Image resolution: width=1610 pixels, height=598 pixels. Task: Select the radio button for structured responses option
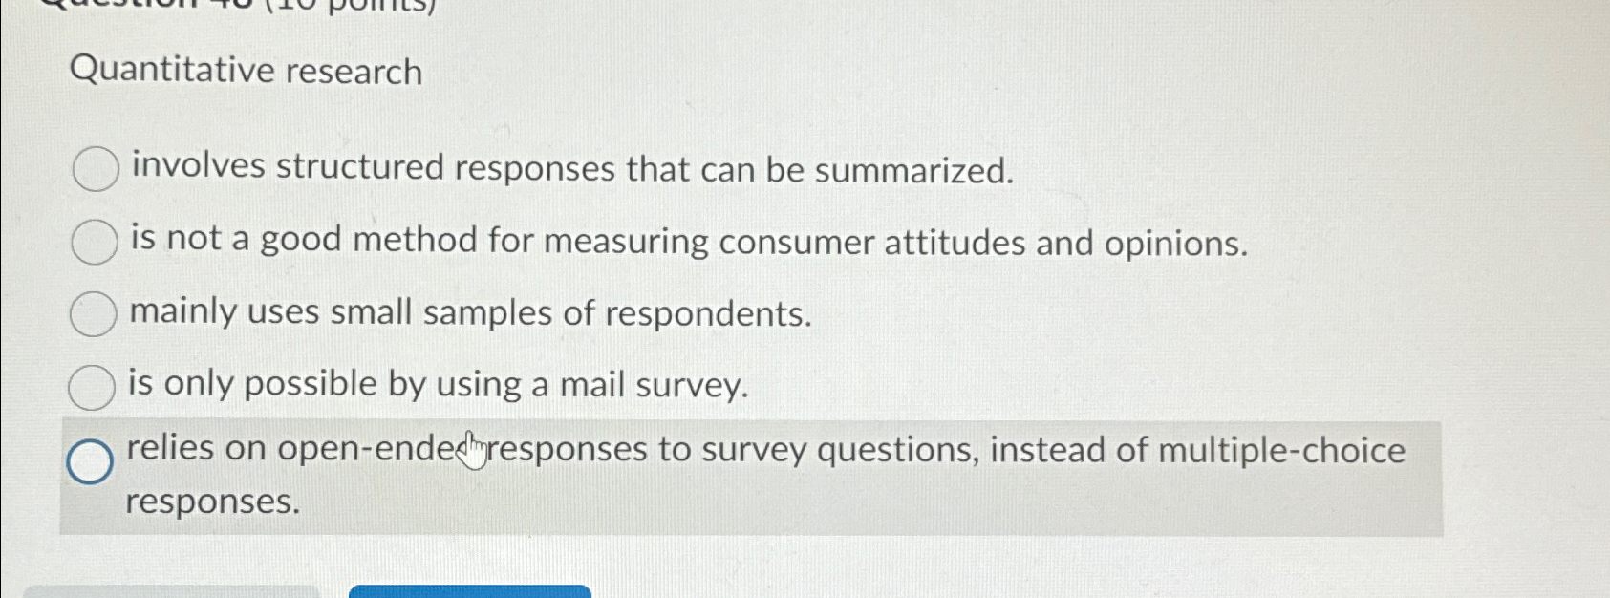96,169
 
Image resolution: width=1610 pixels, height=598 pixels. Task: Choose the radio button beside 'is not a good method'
95,242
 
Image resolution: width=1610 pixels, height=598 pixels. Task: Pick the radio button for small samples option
93,314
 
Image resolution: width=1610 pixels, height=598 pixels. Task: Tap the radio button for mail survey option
92,386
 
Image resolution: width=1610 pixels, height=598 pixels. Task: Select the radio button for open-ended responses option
90,461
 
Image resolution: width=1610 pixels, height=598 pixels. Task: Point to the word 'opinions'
1175,245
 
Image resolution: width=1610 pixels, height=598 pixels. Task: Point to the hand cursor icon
472,451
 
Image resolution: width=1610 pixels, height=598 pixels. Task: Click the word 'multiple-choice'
1281,450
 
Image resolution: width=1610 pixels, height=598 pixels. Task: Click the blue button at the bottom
470,591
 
